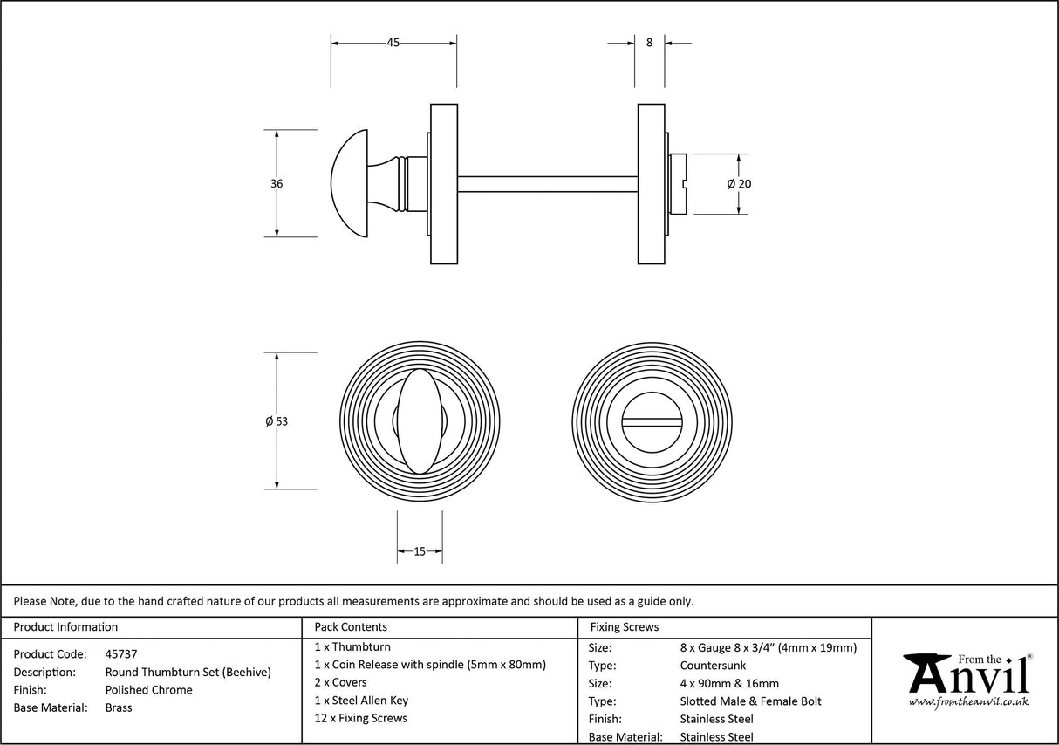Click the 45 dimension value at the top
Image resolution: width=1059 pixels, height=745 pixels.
tap(393, 43)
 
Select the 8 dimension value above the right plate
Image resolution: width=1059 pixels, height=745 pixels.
tap(649, 43)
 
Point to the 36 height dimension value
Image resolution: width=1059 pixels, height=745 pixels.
tap(277, 184)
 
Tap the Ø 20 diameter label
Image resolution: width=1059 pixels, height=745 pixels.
tap(739, 184)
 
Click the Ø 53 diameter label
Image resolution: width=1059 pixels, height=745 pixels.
tap(277, 421)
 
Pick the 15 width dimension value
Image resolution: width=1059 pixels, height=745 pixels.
tap(420, 551)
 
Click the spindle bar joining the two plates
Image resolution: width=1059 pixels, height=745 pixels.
tap(548, 184)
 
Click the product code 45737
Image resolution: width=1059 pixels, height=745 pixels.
tap(121, 653)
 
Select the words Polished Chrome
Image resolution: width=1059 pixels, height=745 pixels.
tap(148, 689)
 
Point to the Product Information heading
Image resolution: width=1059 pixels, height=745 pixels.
tap(65, 626)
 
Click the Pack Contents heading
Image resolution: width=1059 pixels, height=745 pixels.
tap(351, 626)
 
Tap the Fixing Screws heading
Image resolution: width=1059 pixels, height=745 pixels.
tap(625, 626)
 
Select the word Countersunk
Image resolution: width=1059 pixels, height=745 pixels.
tap(713, 665)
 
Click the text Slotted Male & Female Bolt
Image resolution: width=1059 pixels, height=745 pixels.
tap(750, 701)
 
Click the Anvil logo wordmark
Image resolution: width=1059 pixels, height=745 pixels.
tap(968, 676)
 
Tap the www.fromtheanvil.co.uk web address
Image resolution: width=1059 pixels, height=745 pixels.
tap(968, 701)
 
